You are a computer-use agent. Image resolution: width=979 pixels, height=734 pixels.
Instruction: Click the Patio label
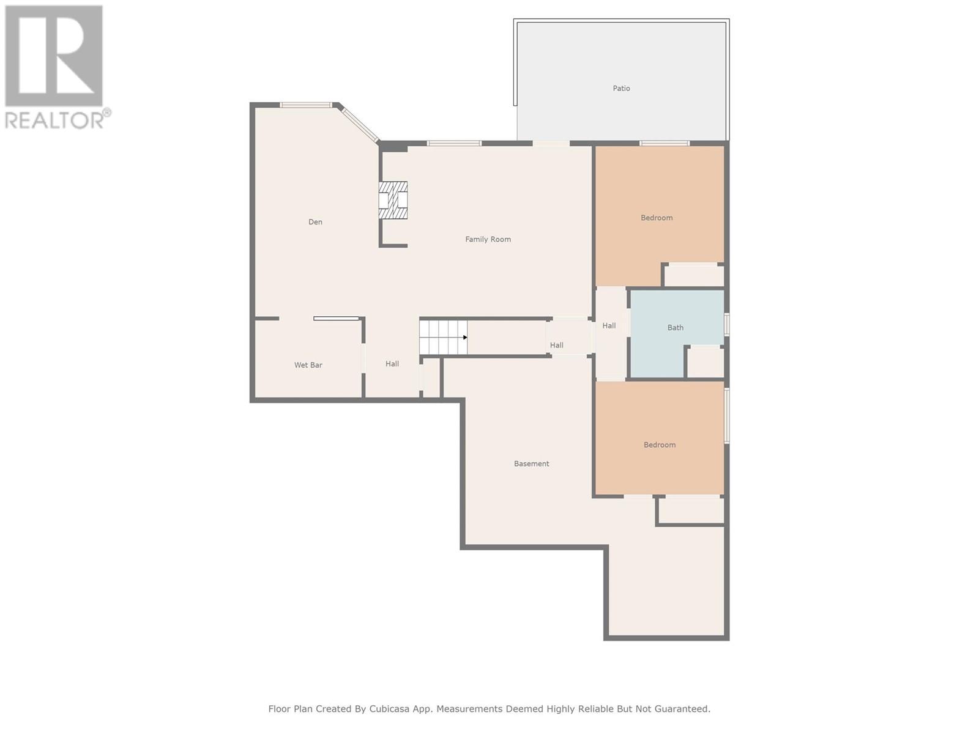[621, 88]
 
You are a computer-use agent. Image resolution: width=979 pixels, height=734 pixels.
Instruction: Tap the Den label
[315, 222]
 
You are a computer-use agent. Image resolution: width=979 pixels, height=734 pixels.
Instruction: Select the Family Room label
[488, 239]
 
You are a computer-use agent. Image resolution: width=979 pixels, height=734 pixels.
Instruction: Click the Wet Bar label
[308, 365]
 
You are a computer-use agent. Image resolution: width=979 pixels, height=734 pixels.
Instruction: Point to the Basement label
[531, 464]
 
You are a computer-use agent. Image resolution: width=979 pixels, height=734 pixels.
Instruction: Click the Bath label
[675, 328]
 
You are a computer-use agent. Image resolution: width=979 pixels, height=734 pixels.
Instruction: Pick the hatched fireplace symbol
[392, 199]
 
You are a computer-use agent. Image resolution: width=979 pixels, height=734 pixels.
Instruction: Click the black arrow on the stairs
[465, 338]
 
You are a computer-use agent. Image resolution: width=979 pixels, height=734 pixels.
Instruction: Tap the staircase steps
[442, 338]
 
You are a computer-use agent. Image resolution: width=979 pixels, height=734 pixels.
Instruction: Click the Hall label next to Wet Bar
[392, 364]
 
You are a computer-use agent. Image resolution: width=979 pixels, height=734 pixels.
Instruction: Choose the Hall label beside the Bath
[609, 326]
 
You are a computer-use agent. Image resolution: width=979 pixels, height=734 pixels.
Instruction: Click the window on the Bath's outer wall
[726, 324]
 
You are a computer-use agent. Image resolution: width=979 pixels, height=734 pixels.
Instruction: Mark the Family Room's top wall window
[454, 143]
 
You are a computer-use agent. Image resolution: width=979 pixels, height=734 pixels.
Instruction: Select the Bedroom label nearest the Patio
[657, 218]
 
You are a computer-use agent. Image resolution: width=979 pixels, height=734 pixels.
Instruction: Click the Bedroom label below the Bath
[659, 445]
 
